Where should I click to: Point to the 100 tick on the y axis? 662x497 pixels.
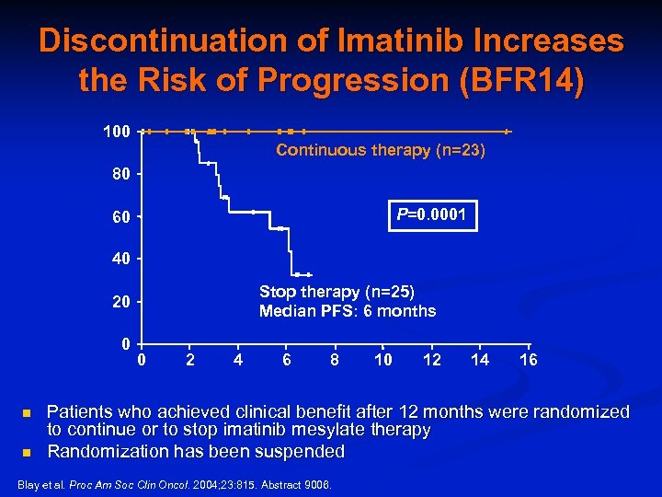tap(116, 132)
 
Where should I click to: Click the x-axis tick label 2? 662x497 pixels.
tap(189, 360)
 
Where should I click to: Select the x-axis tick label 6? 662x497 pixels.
tap(287, 360)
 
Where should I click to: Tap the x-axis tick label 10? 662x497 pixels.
tap(383, 360)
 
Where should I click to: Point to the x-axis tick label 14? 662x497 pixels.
tap(480, 360)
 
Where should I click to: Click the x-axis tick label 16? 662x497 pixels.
tap(529, 360)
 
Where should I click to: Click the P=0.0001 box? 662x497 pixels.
tap(430, 216)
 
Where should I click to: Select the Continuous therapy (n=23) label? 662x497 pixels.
tap(381, 150)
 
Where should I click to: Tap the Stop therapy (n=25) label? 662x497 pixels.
tap(337, 292)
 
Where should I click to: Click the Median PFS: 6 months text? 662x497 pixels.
tap(348, 311)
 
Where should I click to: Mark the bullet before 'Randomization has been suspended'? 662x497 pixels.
tap(28, 453)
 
